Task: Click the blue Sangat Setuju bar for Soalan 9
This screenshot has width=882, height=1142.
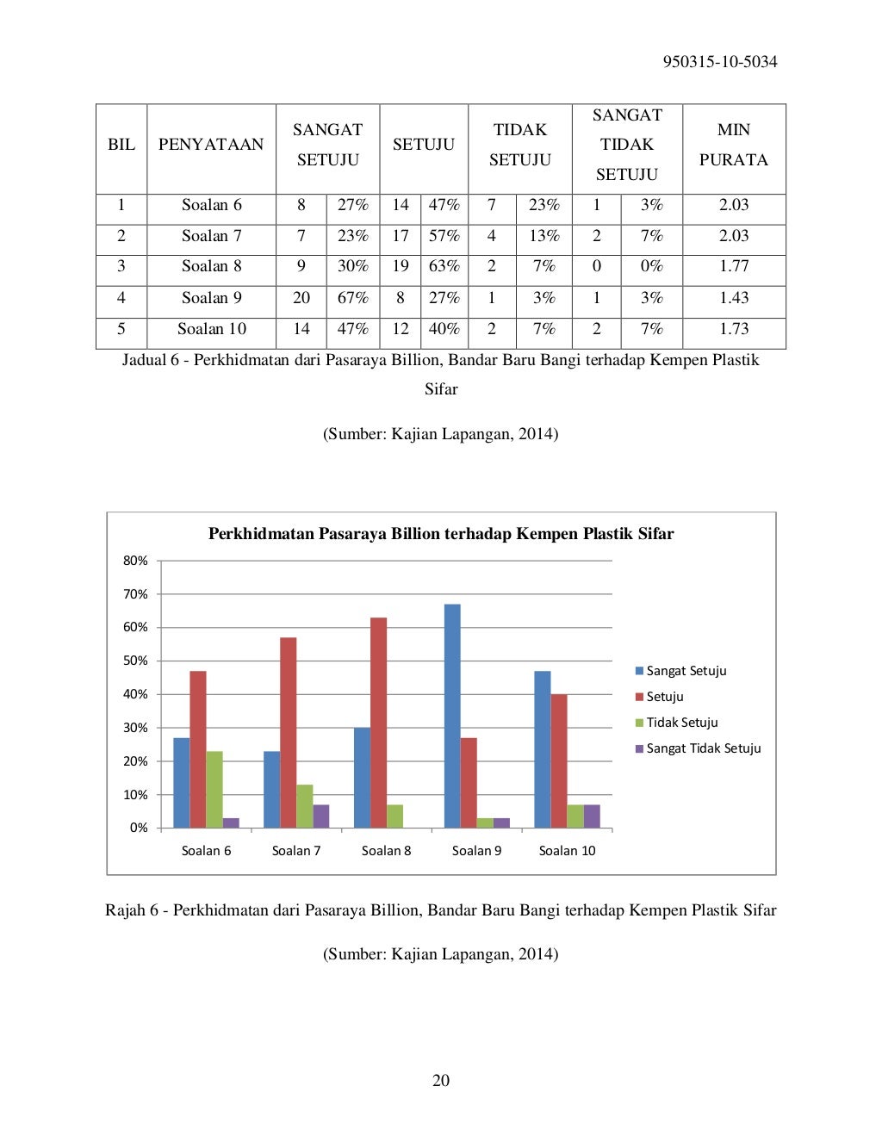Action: click(452, 715)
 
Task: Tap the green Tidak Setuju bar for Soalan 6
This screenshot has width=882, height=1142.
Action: click(214, 789)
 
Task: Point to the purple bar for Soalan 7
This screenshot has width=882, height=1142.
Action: click(321, 816)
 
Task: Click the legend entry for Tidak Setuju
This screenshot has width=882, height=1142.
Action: click(681, 723)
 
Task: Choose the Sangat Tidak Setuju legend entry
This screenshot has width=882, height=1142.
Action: click(703, 748)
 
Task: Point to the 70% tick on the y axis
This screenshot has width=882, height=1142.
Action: click(135, 594)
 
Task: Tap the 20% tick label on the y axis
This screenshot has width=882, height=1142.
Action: click(135, 761)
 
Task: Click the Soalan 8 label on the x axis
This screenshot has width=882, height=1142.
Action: click(386, 851)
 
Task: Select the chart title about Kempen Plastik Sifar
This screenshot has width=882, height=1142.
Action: click(441, 534)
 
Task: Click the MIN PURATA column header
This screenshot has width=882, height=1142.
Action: click(734, 145)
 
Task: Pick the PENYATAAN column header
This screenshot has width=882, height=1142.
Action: click(211, 145)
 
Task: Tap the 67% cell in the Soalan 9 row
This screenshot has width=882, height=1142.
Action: click(353, 298)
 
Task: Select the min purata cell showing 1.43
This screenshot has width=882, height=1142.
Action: click(734, 298)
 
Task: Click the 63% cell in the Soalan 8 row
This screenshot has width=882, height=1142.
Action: click(444, 266)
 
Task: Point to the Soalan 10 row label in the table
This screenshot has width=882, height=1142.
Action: click(212, 329)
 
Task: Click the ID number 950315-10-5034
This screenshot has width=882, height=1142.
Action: click(720, 62)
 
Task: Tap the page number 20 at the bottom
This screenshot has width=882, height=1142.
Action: click(441, 1081)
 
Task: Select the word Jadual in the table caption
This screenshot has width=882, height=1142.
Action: click(144, 360)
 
